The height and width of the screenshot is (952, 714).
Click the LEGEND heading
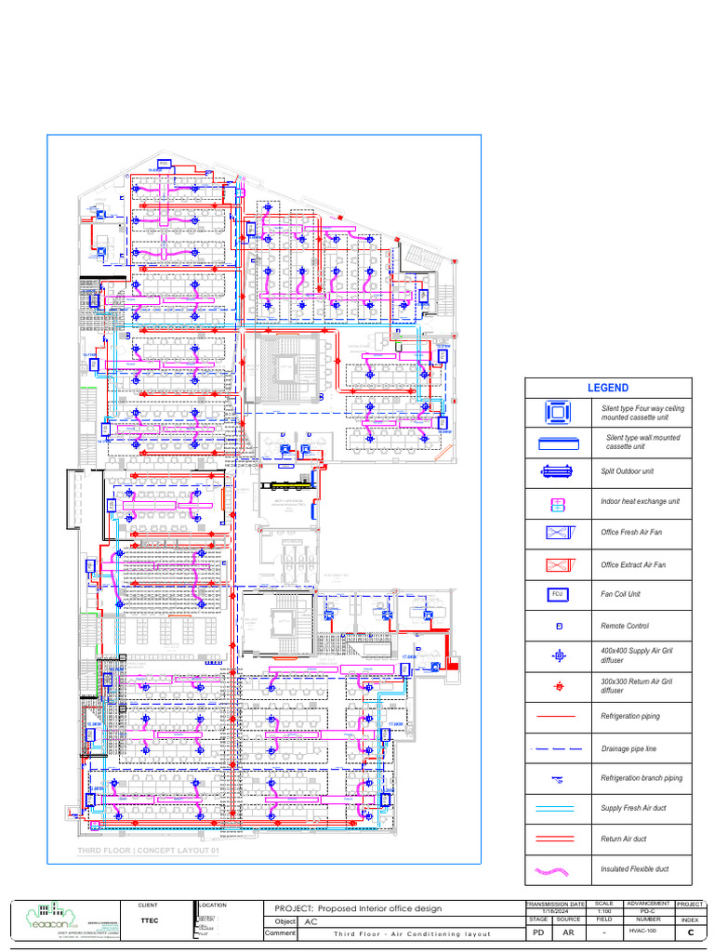tap(607, 388)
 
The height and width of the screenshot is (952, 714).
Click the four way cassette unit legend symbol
tap(558, 412)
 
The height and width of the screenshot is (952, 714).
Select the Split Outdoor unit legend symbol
tap(558, 472)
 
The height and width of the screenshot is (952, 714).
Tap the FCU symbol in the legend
tap(558, 594)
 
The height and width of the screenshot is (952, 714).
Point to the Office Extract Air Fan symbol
tap(558, 563)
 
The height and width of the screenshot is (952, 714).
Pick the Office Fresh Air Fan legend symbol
tap(558, 533)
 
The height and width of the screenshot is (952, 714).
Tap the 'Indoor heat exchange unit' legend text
tap(640, 502)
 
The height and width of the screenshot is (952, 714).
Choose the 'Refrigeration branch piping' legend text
tap(641, 778)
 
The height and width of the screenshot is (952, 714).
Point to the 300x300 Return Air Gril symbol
tap(559, 686)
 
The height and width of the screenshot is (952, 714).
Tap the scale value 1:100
tap(603, 912)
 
